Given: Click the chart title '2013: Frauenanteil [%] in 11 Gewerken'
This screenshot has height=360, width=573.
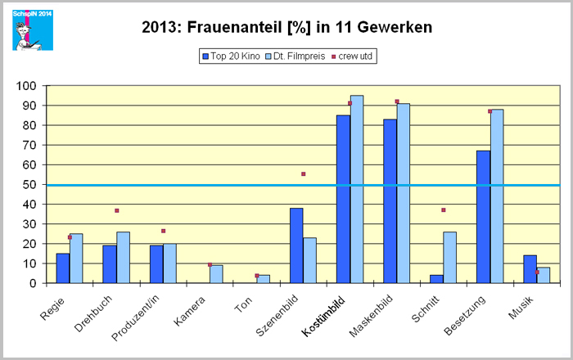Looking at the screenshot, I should coord(286,27).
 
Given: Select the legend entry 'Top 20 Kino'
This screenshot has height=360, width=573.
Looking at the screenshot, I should coord(232,56).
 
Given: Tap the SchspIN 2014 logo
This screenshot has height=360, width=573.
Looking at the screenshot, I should coord(32,29).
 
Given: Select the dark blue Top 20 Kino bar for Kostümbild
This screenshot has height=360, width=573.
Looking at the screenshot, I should coord(343,199).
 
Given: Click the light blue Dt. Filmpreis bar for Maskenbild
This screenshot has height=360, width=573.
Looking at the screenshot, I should coord(404,193).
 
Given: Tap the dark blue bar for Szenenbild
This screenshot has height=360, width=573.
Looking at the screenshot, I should coord(296,245).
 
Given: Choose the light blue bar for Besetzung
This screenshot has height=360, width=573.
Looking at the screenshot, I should coord(497,196).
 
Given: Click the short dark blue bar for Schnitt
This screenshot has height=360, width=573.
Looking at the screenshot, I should coord(437,279).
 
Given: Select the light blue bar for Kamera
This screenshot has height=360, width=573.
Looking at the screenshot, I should coord(216,274).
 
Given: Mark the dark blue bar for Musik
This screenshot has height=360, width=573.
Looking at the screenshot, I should coord(530,269).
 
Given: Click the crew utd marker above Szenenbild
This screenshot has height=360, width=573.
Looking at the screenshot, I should coord(303,174).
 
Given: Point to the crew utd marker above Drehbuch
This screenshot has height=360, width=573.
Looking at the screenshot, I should coord(117,211).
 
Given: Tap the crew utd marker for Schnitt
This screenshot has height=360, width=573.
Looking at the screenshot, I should coord(444,210).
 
